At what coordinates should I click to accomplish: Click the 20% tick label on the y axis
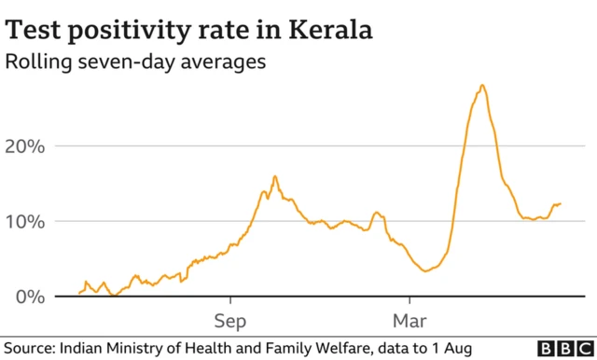pyautogui.click(x=23, y=146)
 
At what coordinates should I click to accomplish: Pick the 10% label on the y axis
pyautogui.click(x=23, y=222)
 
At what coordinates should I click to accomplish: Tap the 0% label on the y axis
pyautogui.click(x=28, y=297)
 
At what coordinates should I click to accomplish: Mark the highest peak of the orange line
pyautogui.click(x=482, y=86)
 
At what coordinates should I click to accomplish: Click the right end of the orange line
pyautogui.click(x=561, y=203)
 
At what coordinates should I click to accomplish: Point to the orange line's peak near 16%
pyautogui.click(x=274, y=176)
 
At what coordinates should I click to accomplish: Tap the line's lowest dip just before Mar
pyautogui.click(x=426, y=271)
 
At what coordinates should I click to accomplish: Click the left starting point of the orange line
pyautogui.click(x=79, y=294)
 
